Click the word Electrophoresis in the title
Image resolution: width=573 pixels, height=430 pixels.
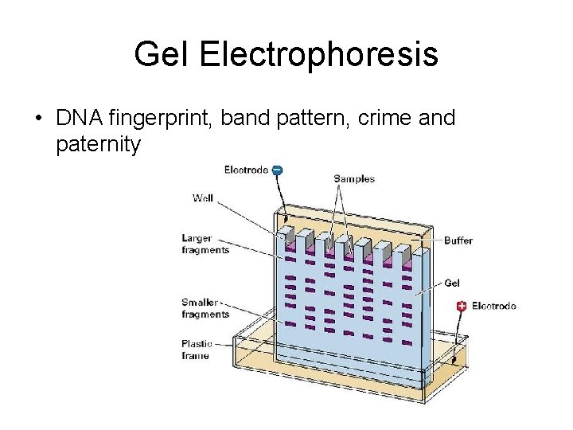tap(318, 55)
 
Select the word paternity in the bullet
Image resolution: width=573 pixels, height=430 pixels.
tap(99, 145)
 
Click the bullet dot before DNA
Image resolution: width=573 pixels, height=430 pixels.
tap(37, 119)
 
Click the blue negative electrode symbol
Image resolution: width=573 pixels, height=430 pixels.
tap(276, 170)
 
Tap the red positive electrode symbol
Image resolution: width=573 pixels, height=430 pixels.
tap(462, 306)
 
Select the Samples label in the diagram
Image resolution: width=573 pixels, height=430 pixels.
tap(354, 179)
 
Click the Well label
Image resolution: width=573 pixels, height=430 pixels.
tap(203, 197)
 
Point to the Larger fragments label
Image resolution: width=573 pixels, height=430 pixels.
tap(205, 244)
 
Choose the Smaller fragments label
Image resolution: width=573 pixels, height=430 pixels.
tap(205, 308)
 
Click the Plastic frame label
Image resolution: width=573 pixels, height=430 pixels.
tap(196, 350)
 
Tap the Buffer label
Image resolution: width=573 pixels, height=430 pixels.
tap(458, 240)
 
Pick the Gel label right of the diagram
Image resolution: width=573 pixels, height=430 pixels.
tap(452, 283)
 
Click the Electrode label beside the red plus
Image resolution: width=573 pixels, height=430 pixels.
tap(494, 306)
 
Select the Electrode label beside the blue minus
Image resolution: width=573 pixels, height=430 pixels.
tap(246, 170)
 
